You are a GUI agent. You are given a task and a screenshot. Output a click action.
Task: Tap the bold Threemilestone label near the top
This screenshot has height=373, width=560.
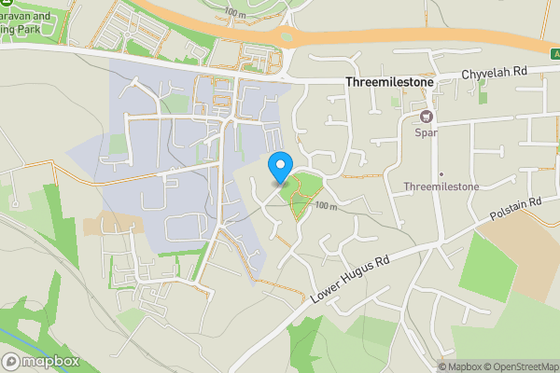[390, 82]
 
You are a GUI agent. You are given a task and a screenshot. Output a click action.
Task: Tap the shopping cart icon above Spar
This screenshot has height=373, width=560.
[427, 117]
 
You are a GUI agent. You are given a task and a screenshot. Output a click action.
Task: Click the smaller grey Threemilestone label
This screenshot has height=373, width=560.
[441, 186]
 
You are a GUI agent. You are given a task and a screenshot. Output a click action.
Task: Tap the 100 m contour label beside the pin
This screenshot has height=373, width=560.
[325, 206]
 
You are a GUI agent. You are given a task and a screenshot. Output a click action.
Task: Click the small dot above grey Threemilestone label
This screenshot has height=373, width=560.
[441, 173]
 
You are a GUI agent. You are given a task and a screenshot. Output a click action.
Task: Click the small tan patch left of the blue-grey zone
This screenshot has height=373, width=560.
[107, 224]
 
